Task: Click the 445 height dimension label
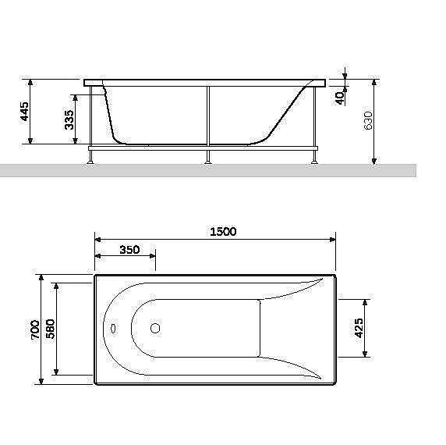tap(25, 111)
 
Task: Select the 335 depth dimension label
tap(69, 119)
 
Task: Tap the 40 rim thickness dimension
tap(339, 98)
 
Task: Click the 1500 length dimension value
tap(222, 231)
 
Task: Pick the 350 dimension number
tap(129, 250)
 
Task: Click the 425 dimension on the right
tap(359, 328)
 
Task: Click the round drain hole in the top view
tap(154, 329)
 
